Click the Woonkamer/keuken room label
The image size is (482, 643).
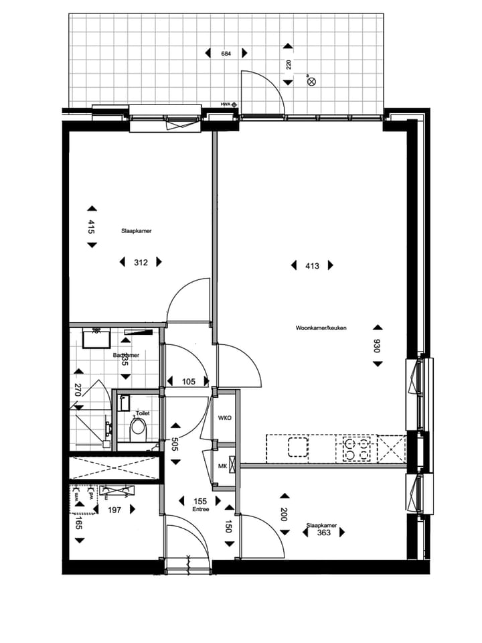pos(321,328)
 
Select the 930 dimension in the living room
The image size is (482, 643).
pos(378,346)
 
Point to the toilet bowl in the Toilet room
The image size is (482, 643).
pos(139,427)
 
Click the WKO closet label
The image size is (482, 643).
pos(224,419)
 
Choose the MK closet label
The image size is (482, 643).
pos(222,466)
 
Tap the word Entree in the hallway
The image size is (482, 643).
pos(200,509)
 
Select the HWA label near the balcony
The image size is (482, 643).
pos(225,104)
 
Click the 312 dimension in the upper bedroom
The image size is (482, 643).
pos(141,263)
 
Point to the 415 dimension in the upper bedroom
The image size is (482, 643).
pos(92,226)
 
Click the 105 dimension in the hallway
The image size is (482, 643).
pos(188,382)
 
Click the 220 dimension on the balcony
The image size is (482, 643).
pos(288,65)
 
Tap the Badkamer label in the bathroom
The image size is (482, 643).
pos(126,355)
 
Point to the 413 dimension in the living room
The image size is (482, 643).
pos(312,266)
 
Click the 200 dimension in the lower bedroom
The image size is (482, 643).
pos(285,514)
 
